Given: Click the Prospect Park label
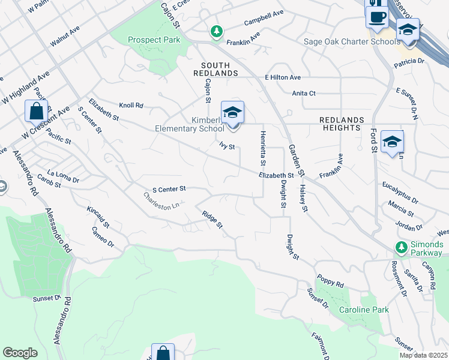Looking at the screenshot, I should tap(154, 40).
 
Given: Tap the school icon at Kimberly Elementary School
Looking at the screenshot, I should tap(232, 112).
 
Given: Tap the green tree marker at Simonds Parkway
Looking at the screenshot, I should tap(400, 247).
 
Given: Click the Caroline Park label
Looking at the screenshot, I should tap(364, 310).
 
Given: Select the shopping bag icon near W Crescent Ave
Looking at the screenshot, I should tap(36, 112).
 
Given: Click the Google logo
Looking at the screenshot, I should tap(20, 352).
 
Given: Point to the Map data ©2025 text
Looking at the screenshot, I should tap(424, 355).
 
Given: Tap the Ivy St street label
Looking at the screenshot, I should tap(226, 146).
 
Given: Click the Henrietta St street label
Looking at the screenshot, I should tap(262, 148).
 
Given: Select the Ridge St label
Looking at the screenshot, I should tap(212, 219).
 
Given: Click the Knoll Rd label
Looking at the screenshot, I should tap(131, 105).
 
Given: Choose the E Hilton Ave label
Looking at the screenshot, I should tap(283, 77).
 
